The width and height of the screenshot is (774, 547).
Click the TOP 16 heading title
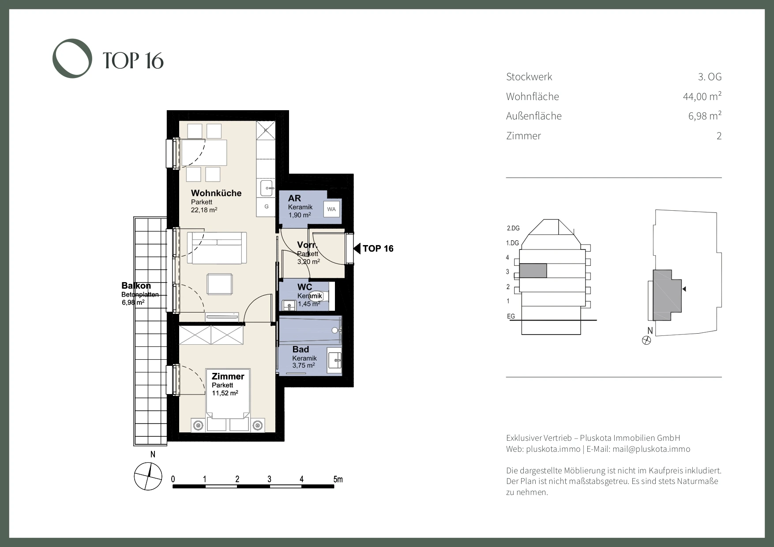[x=133, y=60]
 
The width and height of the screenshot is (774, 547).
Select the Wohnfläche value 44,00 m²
[x=702, y=96]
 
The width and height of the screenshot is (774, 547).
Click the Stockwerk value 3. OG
[x=710, y=77]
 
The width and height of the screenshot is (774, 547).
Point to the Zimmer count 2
[x=719, y=136]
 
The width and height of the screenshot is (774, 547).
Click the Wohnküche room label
[x=216, y=193]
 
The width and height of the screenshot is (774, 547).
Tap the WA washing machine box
[x=331, y=209]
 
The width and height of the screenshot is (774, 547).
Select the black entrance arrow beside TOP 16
[x=357, y=249]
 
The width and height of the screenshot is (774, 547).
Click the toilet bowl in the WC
[x=316, y=295]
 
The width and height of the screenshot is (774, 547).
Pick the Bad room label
[x=301, y=350]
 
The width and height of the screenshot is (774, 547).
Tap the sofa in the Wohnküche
[x=217, y=248]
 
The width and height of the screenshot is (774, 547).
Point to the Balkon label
[x=136, y=286]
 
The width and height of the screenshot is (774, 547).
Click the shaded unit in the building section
[x=533, y=271]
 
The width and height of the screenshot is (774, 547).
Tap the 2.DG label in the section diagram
[x=513, y=228]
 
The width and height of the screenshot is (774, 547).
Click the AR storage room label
[x=294, y=198]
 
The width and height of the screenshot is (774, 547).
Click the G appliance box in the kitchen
[x=267, y=206]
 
